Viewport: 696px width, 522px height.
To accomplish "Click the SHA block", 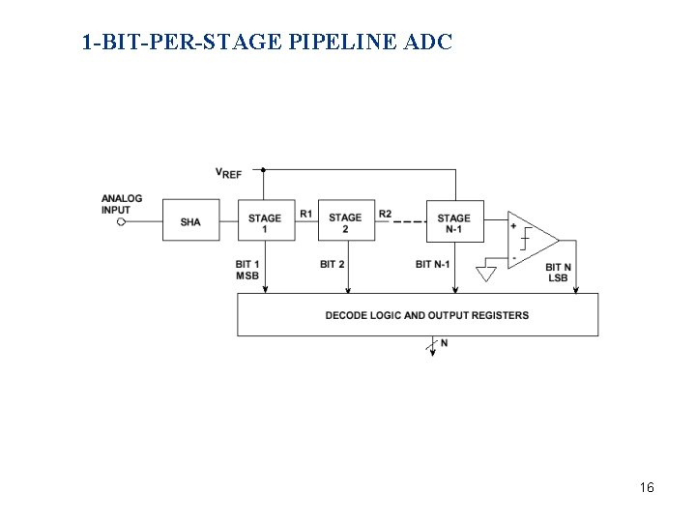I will tap(190, 221).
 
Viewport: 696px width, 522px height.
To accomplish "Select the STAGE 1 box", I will tap(264, 221).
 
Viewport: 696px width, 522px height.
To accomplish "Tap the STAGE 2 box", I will tap(345, 221).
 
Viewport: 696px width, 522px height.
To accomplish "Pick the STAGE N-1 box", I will tap(453, 221).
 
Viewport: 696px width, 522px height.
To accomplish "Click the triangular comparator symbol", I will tap(531, 240).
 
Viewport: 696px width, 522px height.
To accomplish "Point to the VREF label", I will tap(228, 173).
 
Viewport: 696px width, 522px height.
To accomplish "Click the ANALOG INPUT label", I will tap(122, 204).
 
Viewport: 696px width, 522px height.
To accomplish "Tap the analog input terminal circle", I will tap(122, 222).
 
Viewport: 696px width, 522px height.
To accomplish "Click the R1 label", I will tap(305, 214).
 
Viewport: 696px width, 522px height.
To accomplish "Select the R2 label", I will tap(385, 214).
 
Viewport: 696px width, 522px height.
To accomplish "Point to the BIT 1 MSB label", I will tap(247, 270).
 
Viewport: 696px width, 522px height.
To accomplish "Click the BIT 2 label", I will tap(333, 264).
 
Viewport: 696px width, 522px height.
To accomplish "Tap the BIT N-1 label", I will tap(433, 264).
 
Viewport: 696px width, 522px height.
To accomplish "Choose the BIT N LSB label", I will tap(558, 272).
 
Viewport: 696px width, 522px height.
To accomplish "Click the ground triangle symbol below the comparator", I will tap(486, 274).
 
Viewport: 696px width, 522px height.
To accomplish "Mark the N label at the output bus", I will tap(444, 343).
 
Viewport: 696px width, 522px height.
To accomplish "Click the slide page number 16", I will tap(647, 488).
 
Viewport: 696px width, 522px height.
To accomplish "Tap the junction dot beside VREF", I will tap(264, 169).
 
